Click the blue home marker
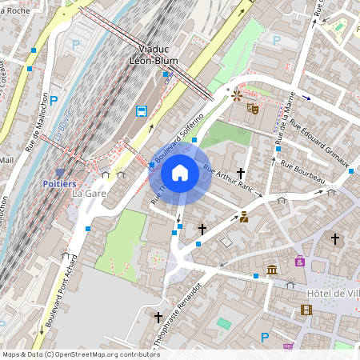180,172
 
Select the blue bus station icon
142,111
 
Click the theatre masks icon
252,107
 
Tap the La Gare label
89,194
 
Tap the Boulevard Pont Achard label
60,291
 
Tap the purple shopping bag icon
300,261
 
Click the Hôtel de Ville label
330,294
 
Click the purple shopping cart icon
288,346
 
